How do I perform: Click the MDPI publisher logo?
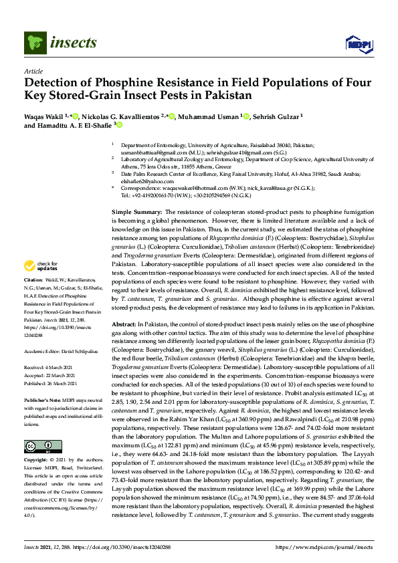coord(358,44)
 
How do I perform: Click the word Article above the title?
coord(33,70)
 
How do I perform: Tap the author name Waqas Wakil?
coord(45,116)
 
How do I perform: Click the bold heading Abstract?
coord(125,323)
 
